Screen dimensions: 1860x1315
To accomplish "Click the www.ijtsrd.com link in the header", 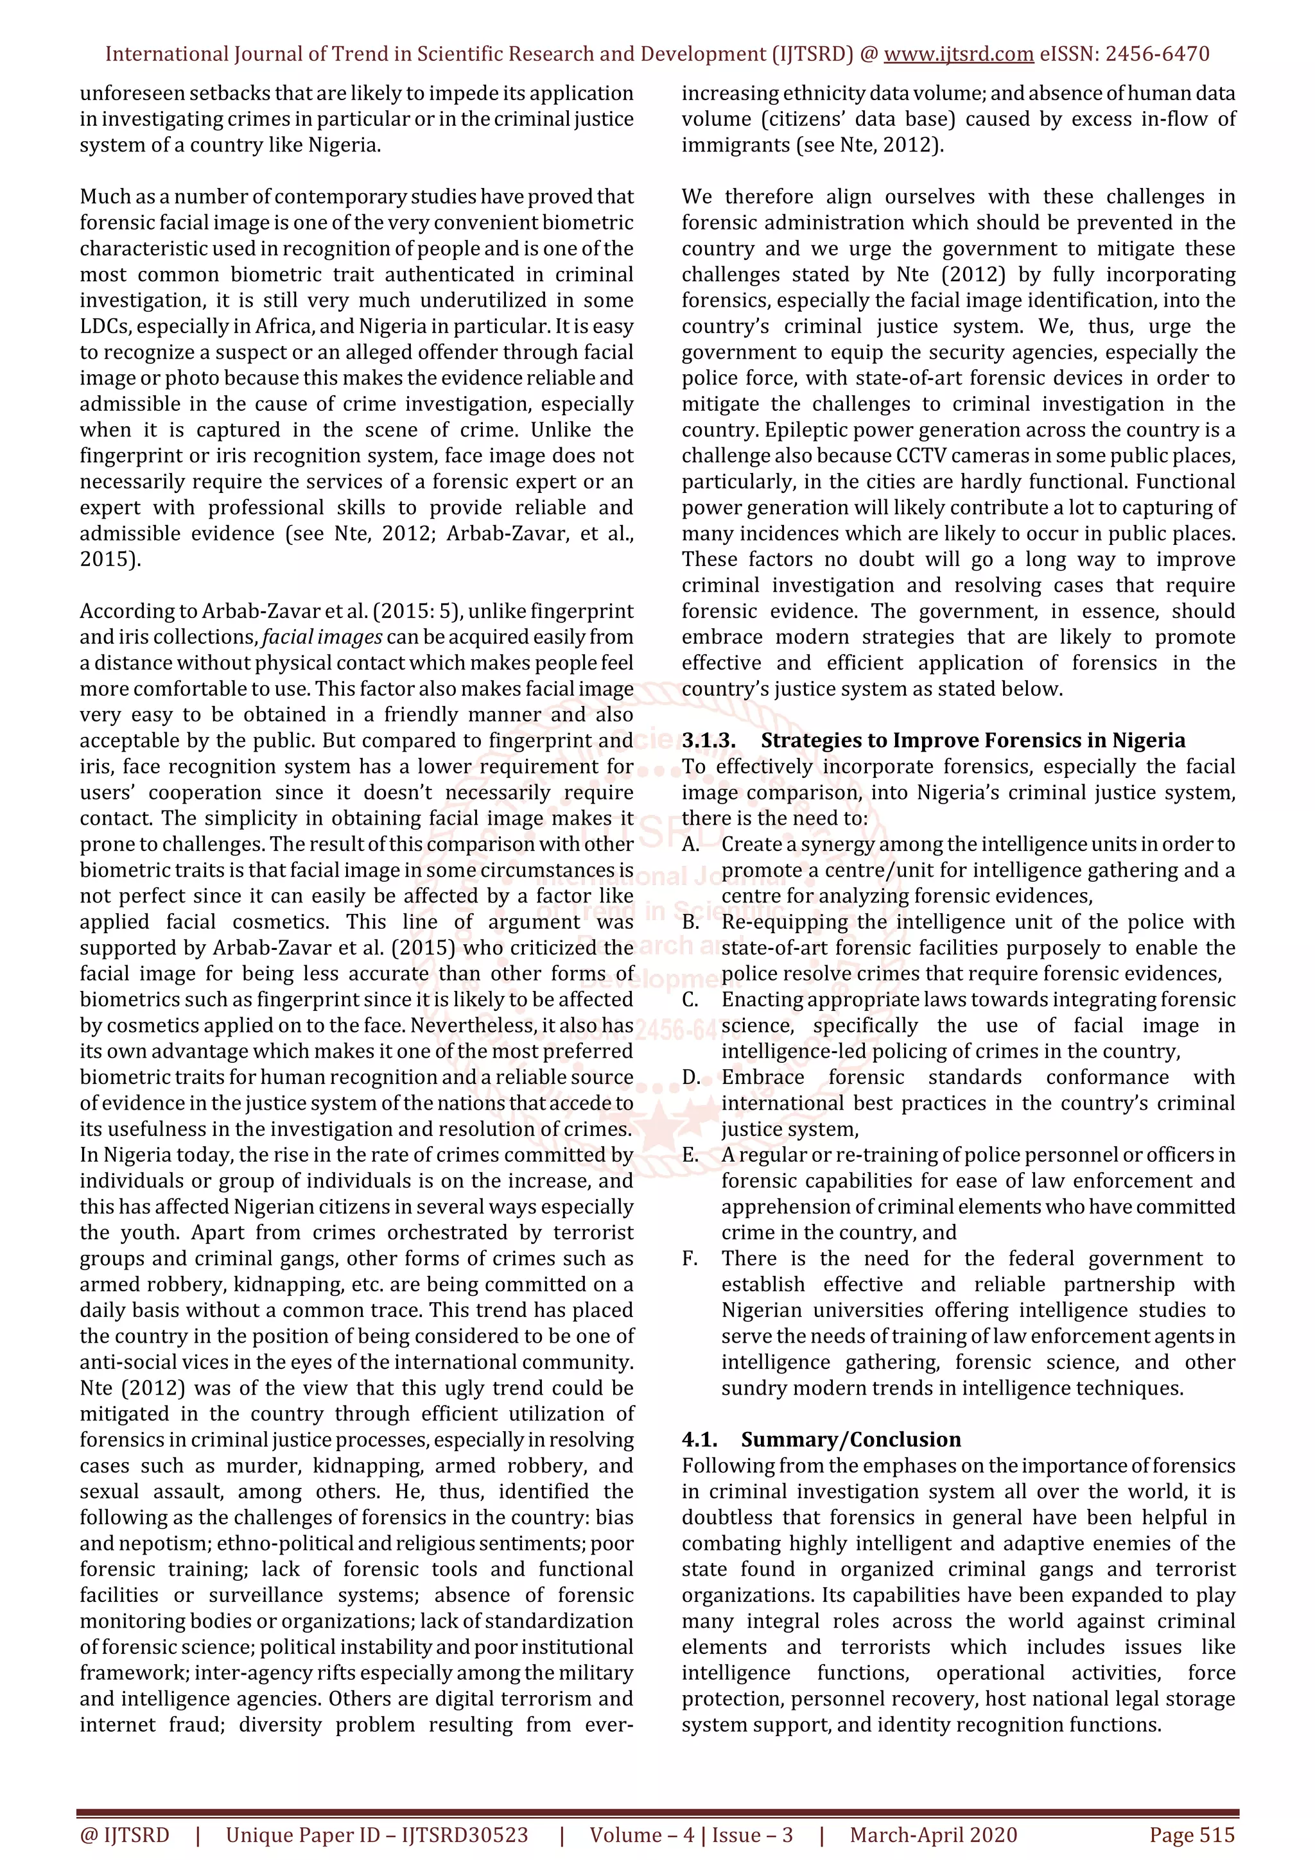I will pyautogui.click(x=959, y=55).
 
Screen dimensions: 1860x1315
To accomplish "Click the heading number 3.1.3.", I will pyautogui.click(x=709, y=741).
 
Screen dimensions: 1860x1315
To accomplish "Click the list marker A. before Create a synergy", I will pyautogui.click(x=691, y=844).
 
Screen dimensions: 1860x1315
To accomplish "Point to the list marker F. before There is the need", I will pyautogui.click(x=690, y=1258).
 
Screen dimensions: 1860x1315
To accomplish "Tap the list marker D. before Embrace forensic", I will pyautogui.click(x=691, y=1078).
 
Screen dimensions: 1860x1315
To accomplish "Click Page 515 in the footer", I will pyautogui.click(x=1192, y=1835).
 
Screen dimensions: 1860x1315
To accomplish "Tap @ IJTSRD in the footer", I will pyautogui.click(x=125, y=1835).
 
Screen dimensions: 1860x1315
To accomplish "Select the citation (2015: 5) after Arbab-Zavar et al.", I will pyautogui.click(x=423, y=611).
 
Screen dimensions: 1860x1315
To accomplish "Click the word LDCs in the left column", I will pyautogui.click(x=105, y=327).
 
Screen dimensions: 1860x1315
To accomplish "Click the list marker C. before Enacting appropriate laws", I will pyautogui.click(x=690, y=1000).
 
